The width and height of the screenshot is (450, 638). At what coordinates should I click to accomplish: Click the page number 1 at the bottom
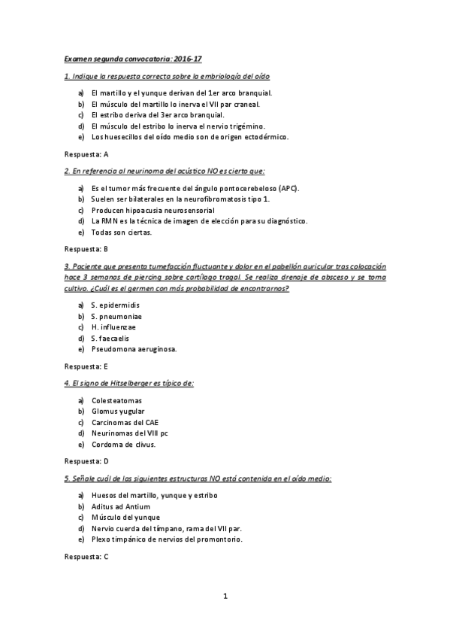(x=225, y=597)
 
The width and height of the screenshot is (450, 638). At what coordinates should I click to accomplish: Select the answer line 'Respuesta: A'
(x=86, y=153)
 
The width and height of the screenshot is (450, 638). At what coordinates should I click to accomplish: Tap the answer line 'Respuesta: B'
(x=86, y=248)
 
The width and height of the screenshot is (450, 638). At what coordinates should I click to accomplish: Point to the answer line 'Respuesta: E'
(x=86, y=366)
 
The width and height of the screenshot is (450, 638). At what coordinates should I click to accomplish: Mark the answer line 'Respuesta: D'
(x=86, y=460)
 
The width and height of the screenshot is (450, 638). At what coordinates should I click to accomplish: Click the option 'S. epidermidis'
(x=115, y=305)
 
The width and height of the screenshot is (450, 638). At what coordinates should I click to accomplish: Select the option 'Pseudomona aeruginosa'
(x=134, y=349)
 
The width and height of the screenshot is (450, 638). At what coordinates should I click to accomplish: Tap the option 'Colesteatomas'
(x=116, y=400)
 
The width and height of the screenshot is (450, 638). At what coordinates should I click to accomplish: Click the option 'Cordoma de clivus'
(x=123, y=445)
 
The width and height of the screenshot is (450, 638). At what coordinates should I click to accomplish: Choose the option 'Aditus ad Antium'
(x=121, y=506)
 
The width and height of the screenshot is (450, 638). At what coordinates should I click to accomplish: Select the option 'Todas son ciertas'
(x=121, y=232)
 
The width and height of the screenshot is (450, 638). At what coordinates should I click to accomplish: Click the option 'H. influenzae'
(x=113, y=327)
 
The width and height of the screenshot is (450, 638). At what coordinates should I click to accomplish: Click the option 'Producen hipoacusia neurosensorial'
(x=147, y=210)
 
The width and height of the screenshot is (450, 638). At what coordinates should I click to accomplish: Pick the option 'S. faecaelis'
(x=110, y=339)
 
